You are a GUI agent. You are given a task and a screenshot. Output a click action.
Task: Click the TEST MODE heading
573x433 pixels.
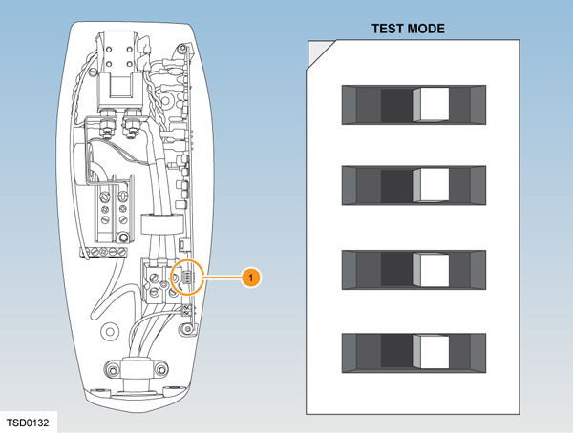[x=408, y=30]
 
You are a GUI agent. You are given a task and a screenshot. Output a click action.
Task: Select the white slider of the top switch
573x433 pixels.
[x=435, y=103]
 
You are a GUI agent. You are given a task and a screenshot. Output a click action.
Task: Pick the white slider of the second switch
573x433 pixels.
[x=435, y=182]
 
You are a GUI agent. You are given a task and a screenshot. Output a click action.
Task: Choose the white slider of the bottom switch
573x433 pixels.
[x=435, y=350]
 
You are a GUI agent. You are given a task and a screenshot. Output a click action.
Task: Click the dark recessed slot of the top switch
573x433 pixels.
[x=395, y=103]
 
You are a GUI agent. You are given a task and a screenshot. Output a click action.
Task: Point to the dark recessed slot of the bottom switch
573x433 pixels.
[x=395, y=350]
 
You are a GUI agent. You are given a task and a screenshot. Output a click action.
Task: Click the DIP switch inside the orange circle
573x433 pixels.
[x=187, y=278]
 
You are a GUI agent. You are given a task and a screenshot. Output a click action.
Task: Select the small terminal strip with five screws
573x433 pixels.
[x=104, y=252]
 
